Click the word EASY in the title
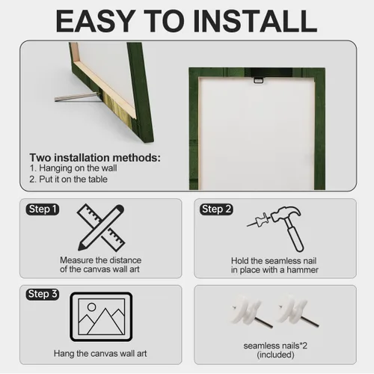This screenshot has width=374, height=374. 95,21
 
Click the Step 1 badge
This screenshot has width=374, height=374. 43,209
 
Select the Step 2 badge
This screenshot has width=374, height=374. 216,209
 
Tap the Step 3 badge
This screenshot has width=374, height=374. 43,294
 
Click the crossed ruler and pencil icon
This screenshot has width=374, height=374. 101,227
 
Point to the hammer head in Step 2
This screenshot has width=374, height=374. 286,214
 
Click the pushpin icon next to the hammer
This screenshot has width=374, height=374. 259,220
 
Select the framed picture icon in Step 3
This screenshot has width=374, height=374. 101,316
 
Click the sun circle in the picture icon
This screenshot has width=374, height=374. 91,307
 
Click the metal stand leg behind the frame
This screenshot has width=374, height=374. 76,97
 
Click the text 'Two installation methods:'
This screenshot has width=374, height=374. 95,158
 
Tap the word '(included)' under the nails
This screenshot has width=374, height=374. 275,355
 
